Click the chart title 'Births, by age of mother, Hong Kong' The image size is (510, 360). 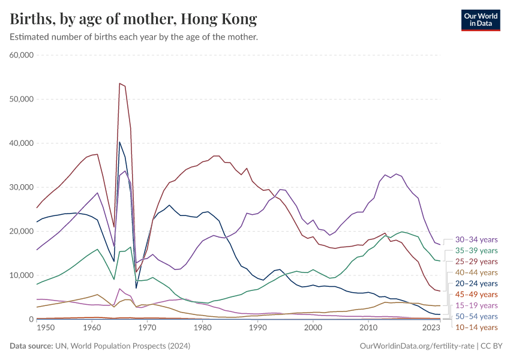(x=133, y=19)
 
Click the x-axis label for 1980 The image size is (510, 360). (x=202, y=328)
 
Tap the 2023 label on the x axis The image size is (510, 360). (x=431, y=328)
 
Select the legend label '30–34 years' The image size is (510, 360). (x=476, y=239)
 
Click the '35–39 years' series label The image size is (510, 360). (x=476, y=250)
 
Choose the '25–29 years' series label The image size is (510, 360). (x=476, y=262)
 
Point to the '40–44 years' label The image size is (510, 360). (x=476, y=272)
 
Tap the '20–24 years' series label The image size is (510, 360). (x=476, y=283)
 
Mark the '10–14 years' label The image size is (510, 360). (x=476, y=327)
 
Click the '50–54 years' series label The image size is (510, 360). (x=476, y=316)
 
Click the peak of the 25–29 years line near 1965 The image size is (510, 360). (x=119, y=83)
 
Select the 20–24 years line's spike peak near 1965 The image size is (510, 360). (x=119, y=142)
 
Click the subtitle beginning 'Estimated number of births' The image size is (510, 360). (x=134, y=37)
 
